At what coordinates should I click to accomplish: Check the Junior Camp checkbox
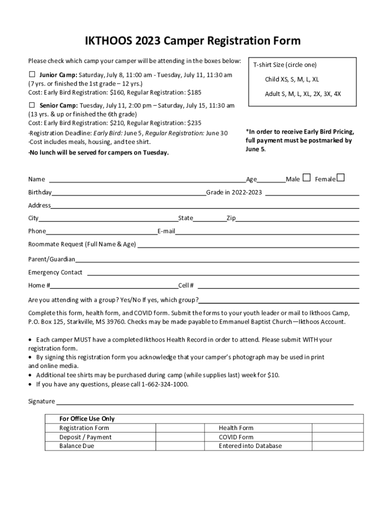click(31, 75)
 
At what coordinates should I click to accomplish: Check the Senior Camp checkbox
click(31, 105)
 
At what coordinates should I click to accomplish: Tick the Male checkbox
click(306, 177)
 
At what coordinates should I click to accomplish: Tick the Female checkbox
click(340, 177)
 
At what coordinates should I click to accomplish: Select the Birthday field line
click(128, 193)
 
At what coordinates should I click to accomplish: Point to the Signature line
click(205, 402)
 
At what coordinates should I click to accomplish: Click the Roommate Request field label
click(82, 244)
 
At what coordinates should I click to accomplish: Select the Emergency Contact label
click(55, 272)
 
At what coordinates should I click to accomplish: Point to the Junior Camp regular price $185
click(194, 93)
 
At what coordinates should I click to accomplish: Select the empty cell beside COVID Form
click(337, 437)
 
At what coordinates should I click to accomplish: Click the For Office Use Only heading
click(87, 418)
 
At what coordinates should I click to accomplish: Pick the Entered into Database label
click(250, 446)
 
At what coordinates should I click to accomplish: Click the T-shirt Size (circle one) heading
click(284, 65)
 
